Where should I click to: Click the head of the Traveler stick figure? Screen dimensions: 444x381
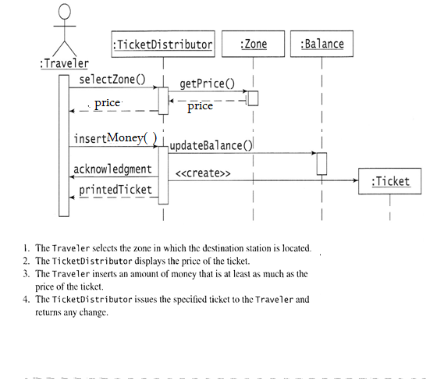pos(65,12)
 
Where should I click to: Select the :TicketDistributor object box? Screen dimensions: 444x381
pos(163,45)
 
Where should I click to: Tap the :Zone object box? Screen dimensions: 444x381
pos(253,44)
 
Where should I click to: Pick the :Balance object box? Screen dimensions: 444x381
pos(321,44)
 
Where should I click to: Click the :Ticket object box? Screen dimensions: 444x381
pos(390,181)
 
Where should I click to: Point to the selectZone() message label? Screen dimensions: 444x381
pos(112,80)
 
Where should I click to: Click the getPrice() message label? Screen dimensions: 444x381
pos(208,84)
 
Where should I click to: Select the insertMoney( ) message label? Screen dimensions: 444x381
pos(115,138)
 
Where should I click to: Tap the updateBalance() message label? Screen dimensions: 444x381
pos(211,145)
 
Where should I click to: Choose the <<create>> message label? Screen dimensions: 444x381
pos(203,173)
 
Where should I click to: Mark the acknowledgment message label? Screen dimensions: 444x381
pos(112,169)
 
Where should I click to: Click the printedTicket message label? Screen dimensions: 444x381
pos(115,190)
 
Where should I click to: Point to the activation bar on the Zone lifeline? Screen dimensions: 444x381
pos(253,98)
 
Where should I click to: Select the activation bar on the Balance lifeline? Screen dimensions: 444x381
pos(321,164)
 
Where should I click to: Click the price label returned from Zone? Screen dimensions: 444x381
pos(201,107)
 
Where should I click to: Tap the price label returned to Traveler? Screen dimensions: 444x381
pos(108,103)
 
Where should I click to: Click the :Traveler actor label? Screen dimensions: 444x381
pos(64,63)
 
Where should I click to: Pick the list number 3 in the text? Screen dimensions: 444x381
pos(26,273)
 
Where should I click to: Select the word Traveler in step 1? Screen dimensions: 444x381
pos(71,248)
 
